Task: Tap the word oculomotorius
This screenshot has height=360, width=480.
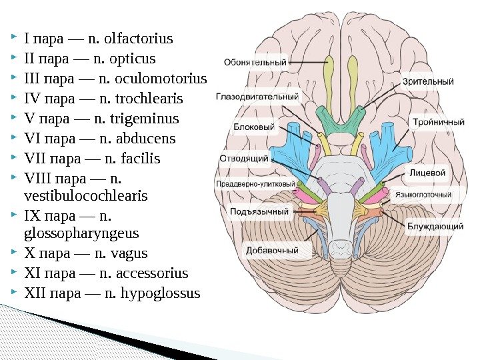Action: (x=161, y=79)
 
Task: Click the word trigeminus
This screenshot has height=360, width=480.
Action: (x=147, y=119)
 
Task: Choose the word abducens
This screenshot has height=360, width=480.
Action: (x=145, y=139)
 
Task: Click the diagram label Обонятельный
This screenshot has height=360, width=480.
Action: (x=255, y=63)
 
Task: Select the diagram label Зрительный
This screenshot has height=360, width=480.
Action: (x=428, y=82)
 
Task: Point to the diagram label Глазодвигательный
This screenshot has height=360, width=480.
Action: (x=257, y=96)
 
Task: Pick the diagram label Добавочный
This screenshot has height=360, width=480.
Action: (x=272, y=251)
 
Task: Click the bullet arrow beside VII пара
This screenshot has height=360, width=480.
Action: (x=15, y=159)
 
